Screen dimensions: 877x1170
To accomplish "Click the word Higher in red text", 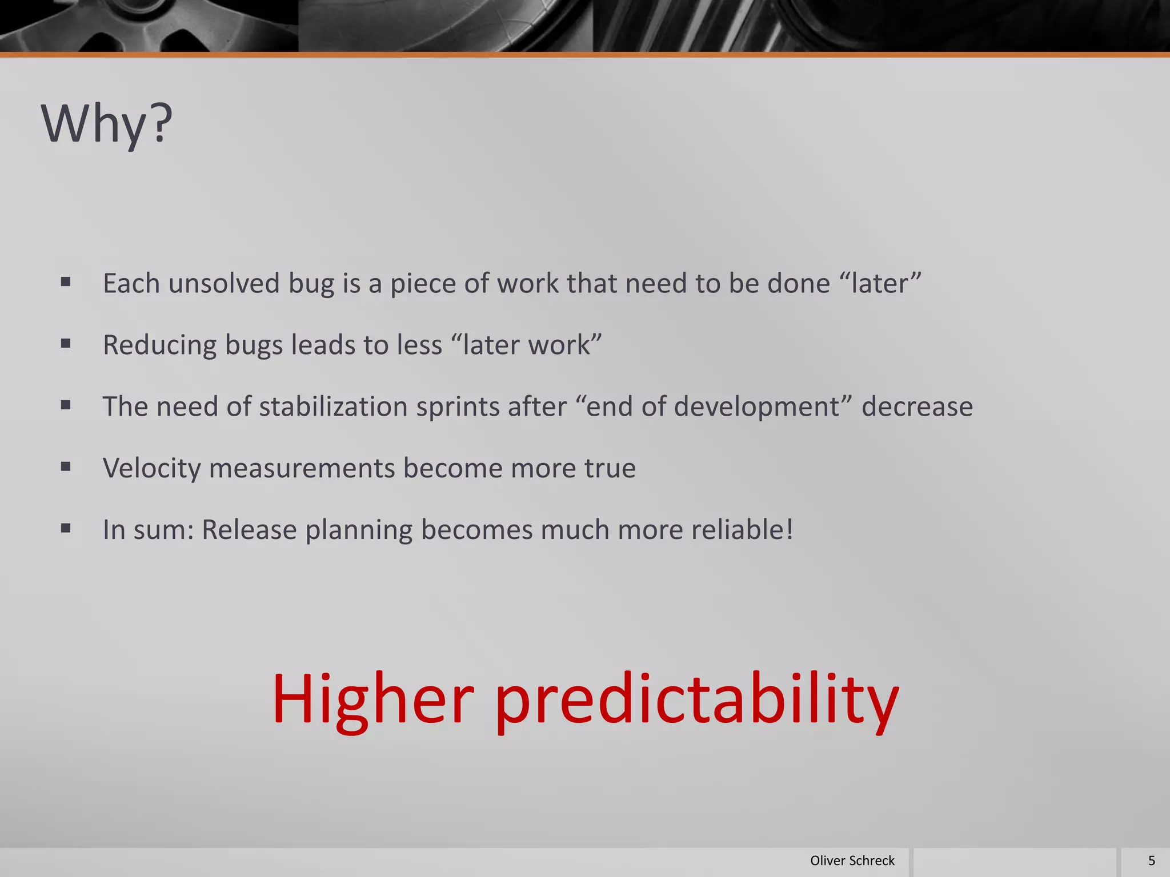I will pyautogui.click(x=372, y=699).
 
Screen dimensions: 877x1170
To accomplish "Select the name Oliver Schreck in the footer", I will pyautogui.click(x=852, y=860).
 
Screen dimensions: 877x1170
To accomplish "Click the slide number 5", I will pyautogui.click(x=1151, y=860).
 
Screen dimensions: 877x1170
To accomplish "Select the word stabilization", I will pyautogui.click(x=333, y=407).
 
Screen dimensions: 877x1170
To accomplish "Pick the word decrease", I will pyautogui.click(x=917, y=407).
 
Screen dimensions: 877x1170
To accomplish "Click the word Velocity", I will pyautogui.click(x=151, y=468).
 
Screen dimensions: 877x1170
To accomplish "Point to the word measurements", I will pyautogui.click(x=302, y=468).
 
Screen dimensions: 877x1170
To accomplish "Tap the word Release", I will pyautogui.click(x=249, y=530).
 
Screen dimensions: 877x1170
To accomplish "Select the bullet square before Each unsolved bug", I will pyautogui.click(x=66, y=281).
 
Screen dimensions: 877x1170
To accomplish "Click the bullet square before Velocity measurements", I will pyautogui.click(x=66, y=466).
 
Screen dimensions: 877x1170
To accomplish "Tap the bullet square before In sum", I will pyautogui.click(x=66, y=528).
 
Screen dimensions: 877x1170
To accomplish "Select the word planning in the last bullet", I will pyautogui.click(x=358, y=530).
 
